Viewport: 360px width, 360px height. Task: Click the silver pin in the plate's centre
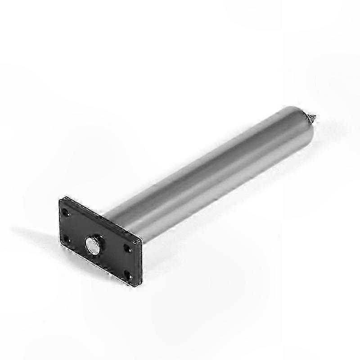[93, 245]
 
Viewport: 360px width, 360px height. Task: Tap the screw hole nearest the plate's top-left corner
[67, 211]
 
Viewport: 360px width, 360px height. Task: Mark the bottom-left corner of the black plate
[59, 243]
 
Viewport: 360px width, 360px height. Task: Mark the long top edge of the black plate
[101, 219]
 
